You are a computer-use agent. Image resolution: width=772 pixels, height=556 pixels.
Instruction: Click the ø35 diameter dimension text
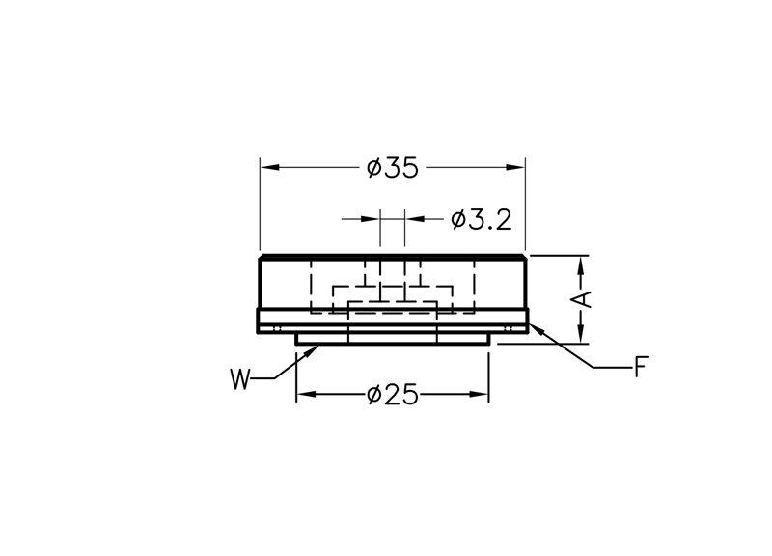pos(393,168)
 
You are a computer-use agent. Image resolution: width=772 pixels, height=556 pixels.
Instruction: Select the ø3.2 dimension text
pos(481,220)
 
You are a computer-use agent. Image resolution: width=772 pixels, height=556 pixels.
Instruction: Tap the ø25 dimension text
pos(393,395)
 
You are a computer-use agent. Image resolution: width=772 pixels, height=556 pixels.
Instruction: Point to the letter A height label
pos(585,299)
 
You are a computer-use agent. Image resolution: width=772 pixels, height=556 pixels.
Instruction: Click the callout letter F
pos(642,367)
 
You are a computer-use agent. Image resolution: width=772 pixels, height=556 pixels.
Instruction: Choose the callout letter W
pos(240,378)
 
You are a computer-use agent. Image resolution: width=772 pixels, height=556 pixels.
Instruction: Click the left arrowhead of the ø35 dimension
pos(270,167)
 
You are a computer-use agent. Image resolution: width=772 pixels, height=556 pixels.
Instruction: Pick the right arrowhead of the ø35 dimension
pos(515,167)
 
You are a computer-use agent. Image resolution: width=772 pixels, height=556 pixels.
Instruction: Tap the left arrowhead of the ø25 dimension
pos(306,394)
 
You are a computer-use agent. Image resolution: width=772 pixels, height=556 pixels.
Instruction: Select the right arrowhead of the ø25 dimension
pos(479,394)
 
